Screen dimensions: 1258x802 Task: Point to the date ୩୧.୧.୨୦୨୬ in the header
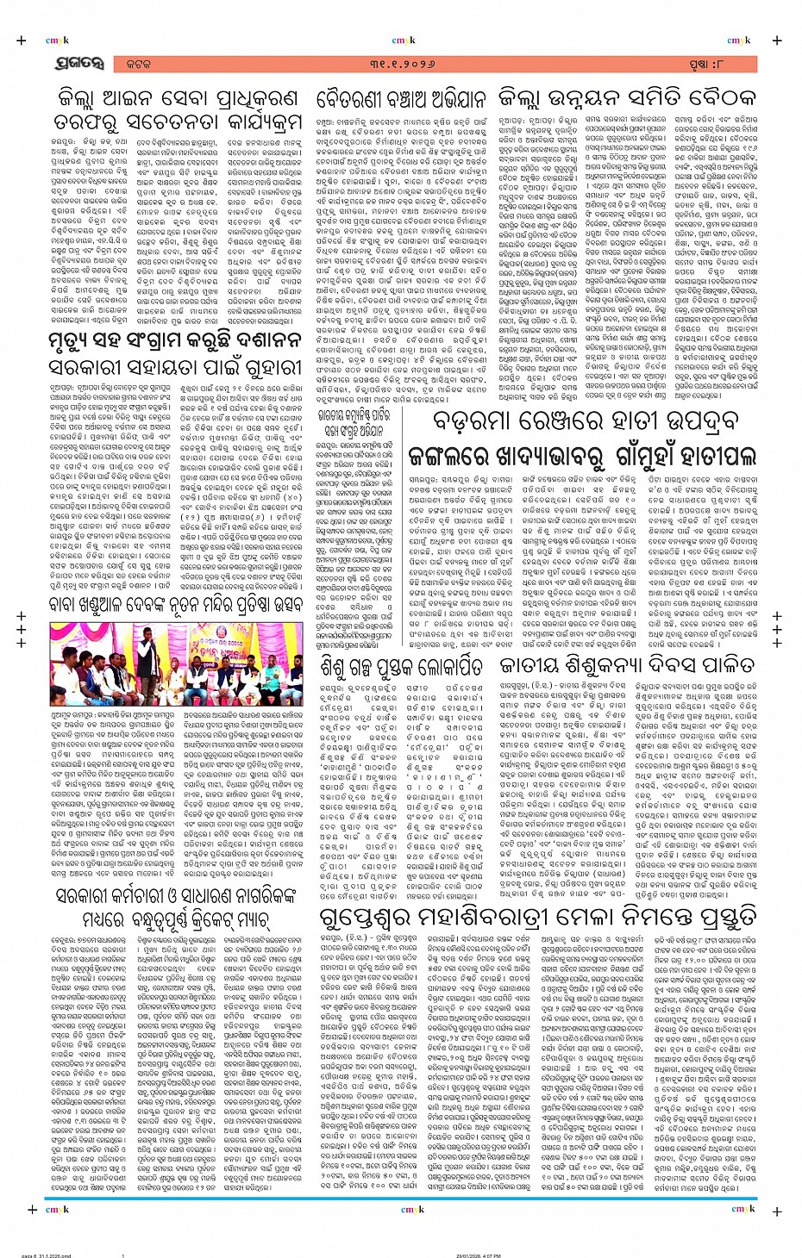[x=399, y=64]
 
